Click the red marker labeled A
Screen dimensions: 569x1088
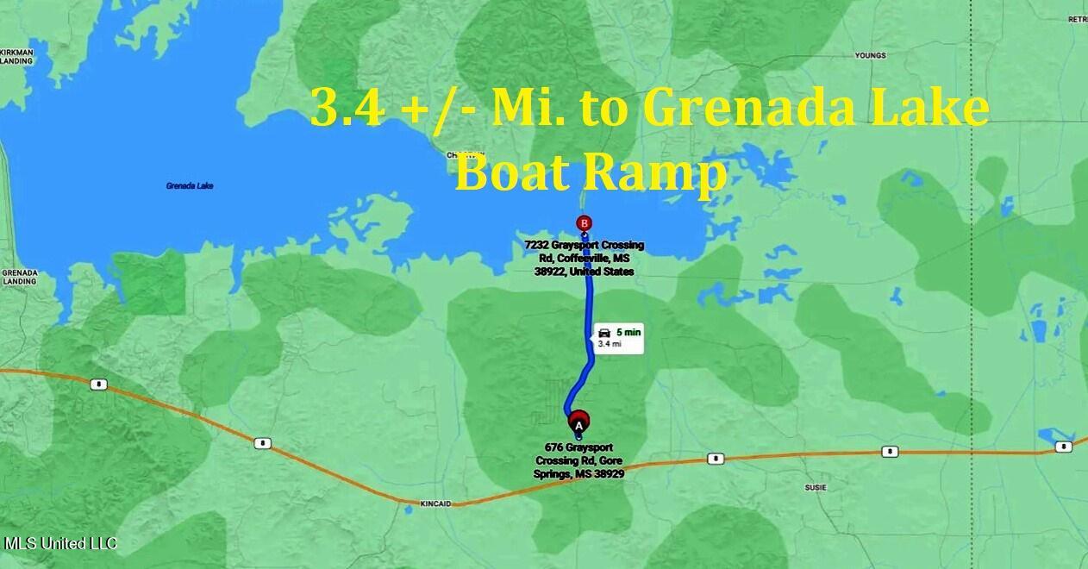tap(578, 422)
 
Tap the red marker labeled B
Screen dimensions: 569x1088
tap(585, 224)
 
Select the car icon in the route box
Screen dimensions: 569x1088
tap(604, 332)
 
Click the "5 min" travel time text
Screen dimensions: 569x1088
tap(628, 332)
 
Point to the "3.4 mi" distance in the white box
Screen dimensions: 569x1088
tap(609, 344)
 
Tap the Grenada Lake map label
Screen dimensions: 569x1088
tap(190, 186)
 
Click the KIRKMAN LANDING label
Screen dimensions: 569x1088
tap(16, 57)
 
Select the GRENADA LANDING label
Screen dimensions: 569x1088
tap(19, 277)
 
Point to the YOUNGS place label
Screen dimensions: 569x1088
tap(870, 56)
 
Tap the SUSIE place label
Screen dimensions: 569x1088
tap(815, 488)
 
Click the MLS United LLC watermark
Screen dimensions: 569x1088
tap(60, 544)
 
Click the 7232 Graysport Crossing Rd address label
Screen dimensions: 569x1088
tap(585, 258)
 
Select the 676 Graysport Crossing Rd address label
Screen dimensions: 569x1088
tap(578, 460)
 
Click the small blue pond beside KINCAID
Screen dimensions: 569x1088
tap(408, 509)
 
